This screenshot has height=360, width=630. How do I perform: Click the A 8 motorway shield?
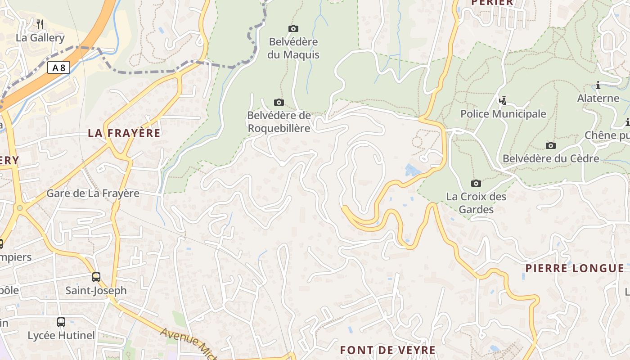[x=58, y=68]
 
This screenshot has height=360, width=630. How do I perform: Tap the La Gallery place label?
[x=40, y=38]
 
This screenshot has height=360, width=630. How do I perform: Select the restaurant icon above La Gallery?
[x=40, y=24]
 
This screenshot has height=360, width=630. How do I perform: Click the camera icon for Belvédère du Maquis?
[x=293, y=28]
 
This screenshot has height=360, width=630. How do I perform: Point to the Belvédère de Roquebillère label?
[x=279, y=122]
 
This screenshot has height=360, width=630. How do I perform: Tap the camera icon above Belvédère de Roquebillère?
[x=279, y=102]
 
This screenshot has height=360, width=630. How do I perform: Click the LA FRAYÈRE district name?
[x=124, y=133]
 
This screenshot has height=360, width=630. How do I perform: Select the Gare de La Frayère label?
[x=93, y=193]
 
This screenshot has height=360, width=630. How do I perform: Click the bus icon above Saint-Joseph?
[x=96, y=277]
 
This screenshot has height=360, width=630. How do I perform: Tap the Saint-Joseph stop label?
[x=96, y=291]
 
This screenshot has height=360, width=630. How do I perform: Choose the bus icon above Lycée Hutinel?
[x=61, y=322]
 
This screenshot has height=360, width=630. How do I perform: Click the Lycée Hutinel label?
[x=61, y=336]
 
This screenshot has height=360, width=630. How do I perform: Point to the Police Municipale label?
[x=503, y=114]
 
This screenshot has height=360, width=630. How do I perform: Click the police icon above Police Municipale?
[x=503, y=100]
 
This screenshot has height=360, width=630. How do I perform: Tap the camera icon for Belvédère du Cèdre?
[x=550, y=145]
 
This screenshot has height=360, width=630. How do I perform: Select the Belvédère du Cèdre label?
[x=551, y=159]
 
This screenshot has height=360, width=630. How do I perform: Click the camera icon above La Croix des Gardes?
[x=476, y=183]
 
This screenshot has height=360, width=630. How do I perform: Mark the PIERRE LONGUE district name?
[x=575, y=269]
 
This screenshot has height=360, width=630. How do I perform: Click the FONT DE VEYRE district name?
[x=388, y=350]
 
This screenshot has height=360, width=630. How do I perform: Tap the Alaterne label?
[x=598, y=98]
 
